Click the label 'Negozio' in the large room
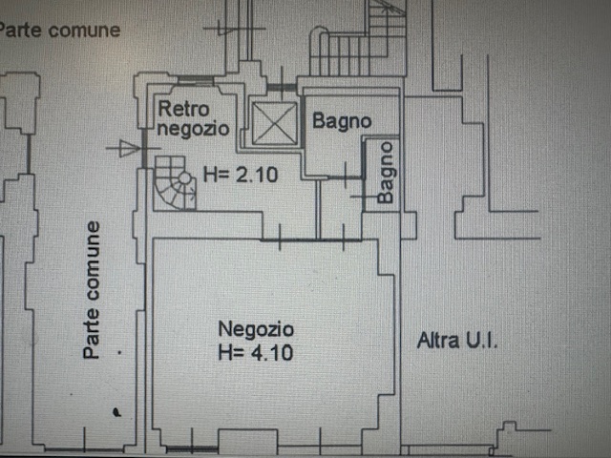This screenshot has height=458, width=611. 256,329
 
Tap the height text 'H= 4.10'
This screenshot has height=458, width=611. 256,353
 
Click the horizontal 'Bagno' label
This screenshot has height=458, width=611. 341,122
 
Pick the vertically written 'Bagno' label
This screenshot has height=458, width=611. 386,173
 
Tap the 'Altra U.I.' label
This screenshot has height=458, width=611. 458,340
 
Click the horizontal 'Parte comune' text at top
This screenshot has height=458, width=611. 59,30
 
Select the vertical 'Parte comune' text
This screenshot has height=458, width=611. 93,290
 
